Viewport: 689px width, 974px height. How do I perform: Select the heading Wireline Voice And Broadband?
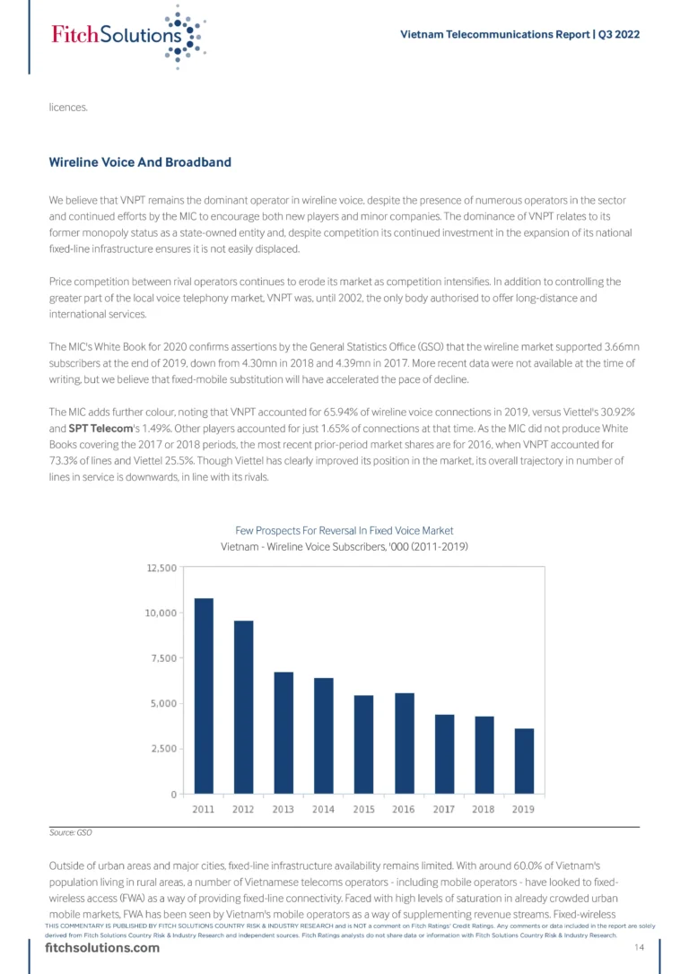click(x=140, y=162)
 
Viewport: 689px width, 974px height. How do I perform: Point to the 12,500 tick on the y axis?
click(x=161, y=568)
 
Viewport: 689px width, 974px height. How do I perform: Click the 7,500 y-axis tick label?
click(x=164, y=658)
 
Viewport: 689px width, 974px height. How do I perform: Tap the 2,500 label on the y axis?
click(x=164, y=749)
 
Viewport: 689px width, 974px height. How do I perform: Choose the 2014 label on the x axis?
click(x=324, y=809)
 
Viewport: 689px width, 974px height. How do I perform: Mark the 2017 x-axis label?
click(x=444, y=809)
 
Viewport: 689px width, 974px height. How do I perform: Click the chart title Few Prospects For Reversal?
click(x=344, y=530)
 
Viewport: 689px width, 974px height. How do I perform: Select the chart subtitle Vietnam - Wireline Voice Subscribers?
click(x=344, y=546)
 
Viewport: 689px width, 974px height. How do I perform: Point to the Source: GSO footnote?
click(x=71, y=833)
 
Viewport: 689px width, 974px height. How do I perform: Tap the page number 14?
click(x=640, y=949)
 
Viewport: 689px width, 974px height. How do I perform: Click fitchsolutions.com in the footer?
click(x=101, y=949)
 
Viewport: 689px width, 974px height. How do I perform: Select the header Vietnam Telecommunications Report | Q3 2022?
click(x=519, y=34)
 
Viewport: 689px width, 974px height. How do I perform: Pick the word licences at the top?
click(x=68, y=108)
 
